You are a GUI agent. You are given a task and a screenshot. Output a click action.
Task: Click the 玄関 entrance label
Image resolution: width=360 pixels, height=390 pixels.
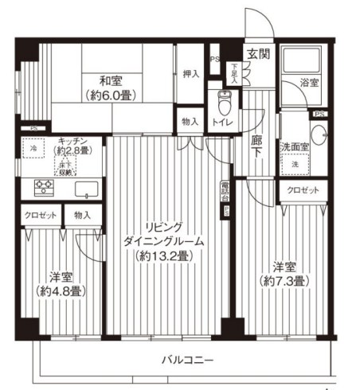click(256, 53)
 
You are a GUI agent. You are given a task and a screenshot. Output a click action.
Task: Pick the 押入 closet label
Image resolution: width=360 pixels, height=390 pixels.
click(190, 73)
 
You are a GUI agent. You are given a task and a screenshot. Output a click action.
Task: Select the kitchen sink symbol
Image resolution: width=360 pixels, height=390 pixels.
click(84, 189)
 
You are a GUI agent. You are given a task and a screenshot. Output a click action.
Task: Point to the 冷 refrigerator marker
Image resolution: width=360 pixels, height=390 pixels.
click(33, 149)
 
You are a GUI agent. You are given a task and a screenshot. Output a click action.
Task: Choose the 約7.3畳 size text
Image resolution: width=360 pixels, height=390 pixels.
click(284, 281)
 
